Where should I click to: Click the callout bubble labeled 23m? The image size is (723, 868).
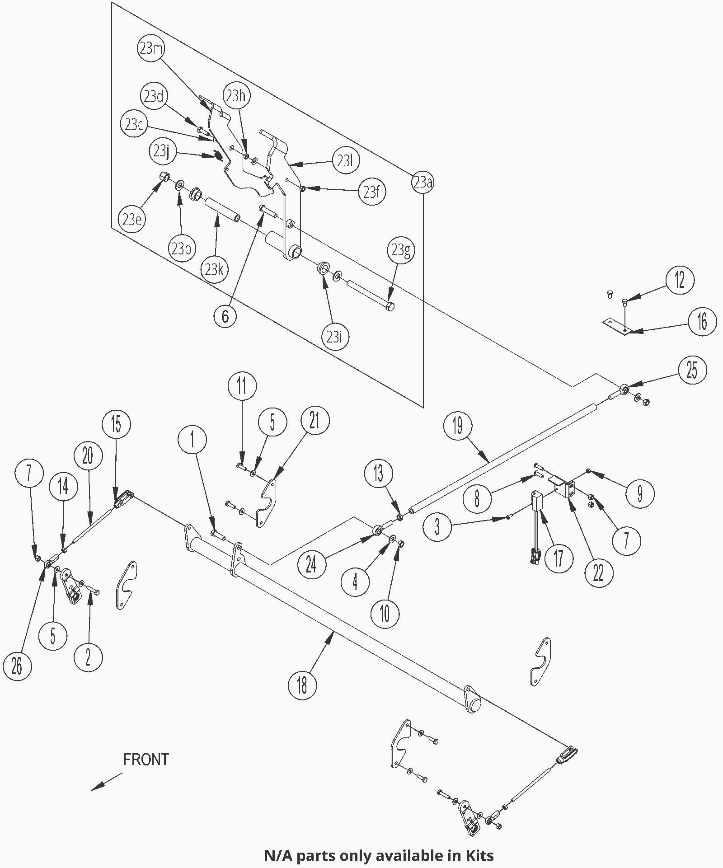151,48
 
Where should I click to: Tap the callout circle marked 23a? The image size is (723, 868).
423,183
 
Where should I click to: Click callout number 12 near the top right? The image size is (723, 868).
680,280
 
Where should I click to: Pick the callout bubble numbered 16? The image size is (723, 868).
702,322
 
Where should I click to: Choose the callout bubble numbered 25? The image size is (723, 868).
692,370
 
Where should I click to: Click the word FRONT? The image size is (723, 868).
146,759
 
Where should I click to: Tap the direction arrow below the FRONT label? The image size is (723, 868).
107,782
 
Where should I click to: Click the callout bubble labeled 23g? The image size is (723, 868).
401,250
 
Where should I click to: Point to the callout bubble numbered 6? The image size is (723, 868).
225,316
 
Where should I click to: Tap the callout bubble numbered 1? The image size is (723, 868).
192,439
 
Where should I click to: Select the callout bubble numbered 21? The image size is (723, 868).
315,420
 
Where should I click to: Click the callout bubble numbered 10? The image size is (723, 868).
385,613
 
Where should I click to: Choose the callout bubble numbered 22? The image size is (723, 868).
598,573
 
